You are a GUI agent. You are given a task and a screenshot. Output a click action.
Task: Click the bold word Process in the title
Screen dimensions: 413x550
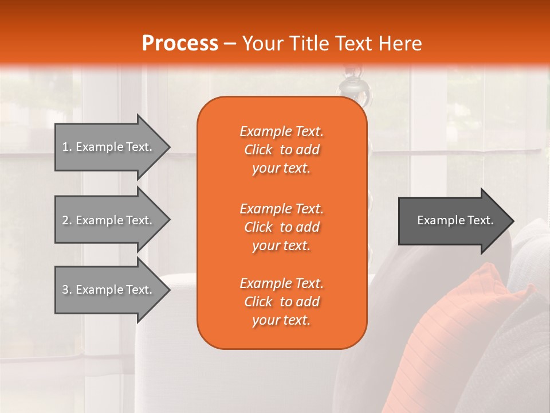click(180, 44)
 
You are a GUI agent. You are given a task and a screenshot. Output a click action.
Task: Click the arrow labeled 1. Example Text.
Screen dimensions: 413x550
click(109, 147)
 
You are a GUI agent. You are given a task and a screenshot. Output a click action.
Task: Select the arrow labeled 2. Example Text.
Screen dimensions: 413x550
click(109, 220)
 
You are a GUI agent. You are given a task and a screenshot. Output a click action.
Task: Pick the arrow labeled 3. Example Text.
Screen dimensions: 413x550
click(109, 290)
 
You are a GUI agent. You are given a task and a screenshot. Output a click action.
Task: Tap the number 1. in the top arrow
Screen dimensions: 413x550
click(67, 147)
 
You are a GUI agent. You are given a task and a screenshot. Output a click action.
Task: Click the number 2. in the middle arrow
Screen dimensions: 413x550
click(67, 220)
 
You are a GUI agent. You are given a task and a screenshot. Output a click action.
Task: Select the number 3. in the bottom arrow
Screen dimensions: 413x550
click(67, 290)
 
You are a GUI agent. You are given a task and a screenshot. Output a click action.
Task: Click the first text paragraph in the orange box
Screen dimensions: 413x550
click(281, 150)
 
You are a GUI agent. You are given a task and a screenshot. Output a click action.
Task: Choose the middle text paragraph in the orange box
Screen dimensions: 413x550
click(281, 227)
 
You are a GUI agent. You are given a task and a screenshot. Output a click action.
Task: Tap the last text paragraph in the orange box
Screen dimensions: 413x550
click(281, 302)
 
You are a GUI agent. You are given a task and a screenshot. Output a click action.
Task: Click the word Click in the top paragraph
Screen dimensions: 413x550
click(258, 150)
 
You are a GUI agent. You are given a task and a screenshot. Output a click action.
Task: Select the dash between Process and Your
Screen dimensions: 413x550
click(230, 44)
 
